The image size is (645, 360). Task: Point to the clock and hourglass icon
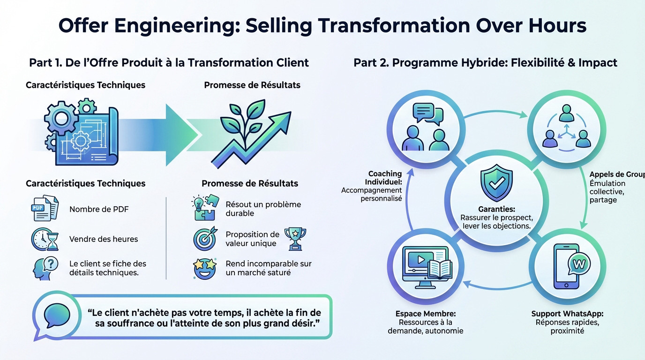(45, 239)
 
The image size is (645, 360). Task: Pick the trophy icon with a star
(295, 238)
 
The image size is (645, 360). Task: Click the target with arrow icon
(205, 238)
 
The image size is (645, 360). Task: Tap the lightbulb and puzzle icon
(205, 208)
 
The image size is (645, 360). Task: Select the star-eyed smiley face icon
(205, 268)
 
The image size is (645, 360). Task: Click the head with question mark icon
(45, 268)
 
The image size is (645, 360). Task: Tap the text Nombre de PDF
(99, 209)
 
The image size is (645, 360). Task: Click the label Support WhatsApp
(567, 314)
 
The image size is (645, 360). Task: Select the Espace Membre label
(425, 314)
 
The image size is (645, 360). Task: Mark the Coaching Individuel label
(384, 178)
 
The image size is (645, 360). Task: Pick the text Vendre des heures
(104, 239)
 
